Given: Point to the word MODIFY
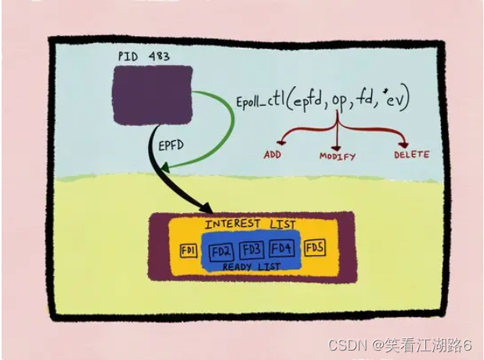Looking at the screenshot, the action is tap(337, 156).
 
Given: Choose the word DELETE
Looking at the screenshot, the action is tap(411, 154).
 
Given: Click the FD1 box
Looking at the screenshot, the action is tap(188, 250).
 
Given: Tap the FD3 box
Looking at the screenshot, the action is tap(251, 250).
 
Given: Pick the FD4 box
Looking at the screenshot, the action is tap(281, 250).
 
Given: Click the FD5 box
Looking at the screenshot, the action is tap(314, 249).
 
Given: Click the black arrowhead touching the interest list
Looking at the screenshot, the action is tap(207, 210).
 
